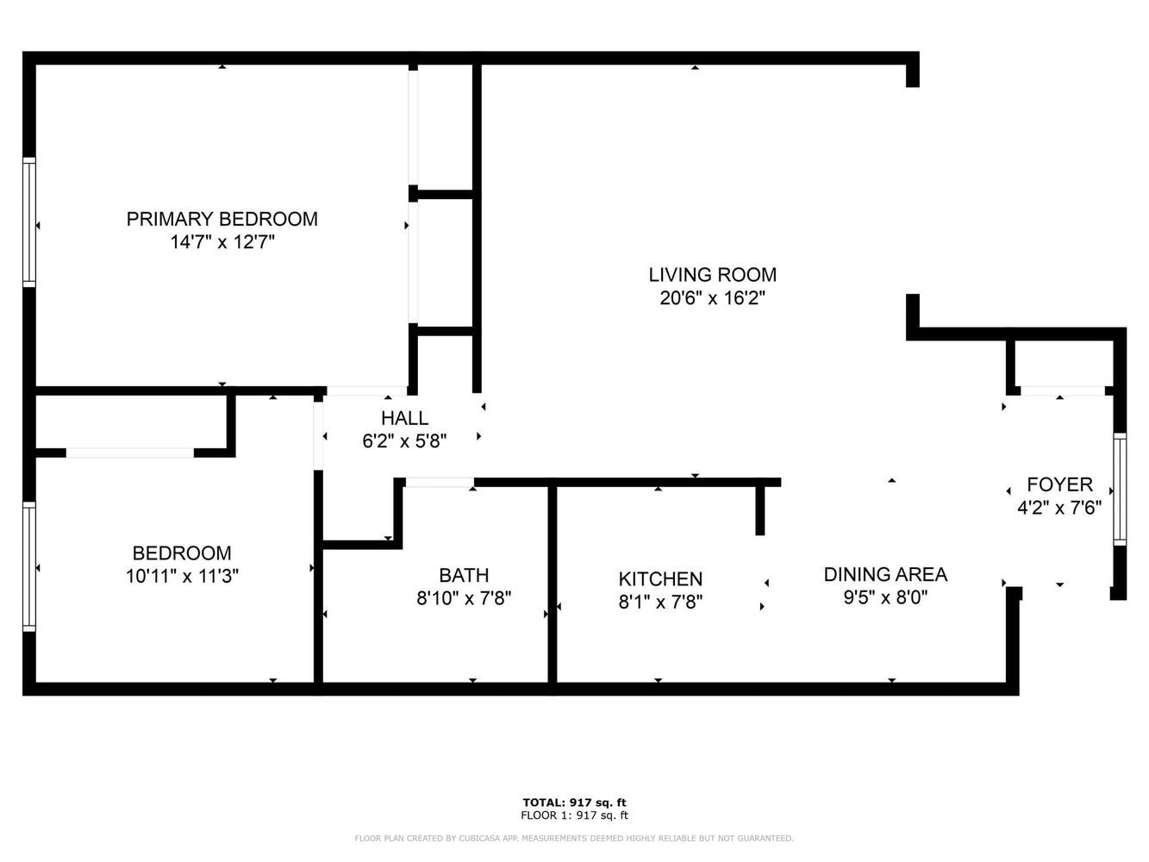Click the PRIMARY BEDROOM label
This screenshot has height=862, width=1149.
(222, 219)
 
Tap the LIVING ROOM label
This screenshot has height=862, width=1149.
(713, 275)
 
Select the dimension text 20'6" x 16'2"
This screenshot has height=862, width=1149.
(713, 298)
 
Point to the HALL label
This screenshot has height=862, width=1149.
(404, 418)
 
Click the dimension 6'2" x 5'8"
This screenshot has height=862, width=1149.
(404, 441)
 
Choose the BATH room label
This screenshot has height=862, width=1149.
(464, 575)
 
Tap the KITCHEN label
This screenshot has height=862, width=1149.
(660, 579)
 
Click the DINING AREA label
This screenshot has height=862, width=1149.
(886, 574)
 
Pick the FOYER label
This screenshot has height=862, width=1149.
(1060, 484)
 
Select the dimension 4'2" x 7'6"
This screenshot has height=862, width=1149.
(1060, 508)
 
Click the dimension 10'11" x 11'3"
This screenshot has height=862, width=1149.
(182, 576)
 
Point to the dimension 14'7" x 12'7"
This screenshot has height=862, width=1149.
(222, 242)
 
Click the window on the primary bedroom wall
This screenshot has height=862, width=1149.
(29, 222)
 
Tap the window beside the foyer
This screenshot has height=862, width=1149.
(1120, 489)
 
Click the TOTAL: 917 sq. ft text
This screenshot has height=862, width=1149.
(574, 803)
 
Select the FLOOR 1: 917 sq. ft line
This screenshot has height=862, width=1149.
(574, 815)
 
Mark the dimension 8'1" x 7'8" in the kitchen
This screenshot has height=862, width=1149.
(660, 603)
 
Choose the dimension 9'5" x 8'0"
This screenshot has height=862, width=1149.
(886, 597)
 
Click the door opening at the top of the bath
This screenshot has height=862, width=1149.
(440, 483)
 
